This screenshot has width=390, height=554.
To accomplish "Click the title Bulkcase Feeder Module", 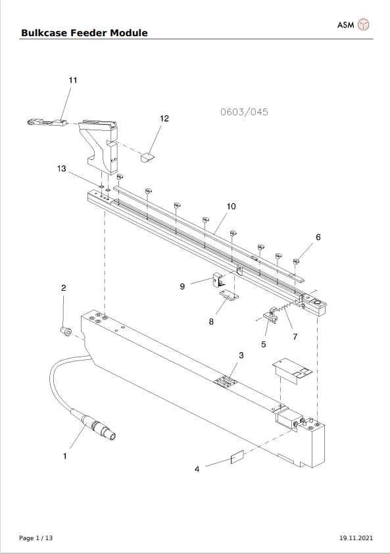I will pyautogui.click(x=84, y=33).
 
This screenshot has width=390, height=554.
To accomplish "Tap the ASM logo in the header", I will pyautogui.click(x=354, y=25).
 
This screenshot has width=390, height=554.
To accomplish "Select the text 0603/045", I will pyautogui.click(x=244, y=112).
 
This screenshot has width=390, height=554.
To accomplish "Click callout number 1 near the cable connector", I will pyautogui.click(x=64, y=455).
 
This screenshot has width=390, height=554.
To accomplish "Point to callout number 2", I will pyautogui.click(x=64, y=288).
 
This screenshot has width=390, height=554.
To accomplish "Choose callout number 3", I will pyautogui.click(x=241, y=355).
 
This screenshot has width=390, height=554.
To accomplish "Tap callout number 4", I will pyautogui.click(x=197, y=469).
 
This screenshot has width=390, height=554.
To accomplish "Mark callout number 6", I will pyautogui.click(x=318, y=237).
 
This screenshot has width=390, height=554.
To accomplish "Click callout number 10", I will pyautogui.click(x=231, y=206).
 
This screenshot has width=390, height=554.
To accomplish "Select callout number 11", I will pyautogui.click(x=73, y=80).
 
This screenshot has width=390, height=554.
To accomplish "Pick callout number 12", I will pyautogui.click(x=164, y=118).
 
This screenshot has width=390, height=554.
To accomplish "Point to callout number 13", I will pyautogui.click(x=62, y=169).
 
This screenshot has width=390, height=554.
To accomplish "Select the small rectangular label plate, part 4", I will pyautogui.click(x=237, y=457).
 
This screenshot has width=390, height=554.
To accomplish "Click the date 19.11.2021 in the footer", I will pyautogui.click(x=355, y=538).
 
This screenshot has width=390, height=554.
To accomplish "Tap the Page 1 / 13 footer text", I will pyautogui.click(x=36, y=538).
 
